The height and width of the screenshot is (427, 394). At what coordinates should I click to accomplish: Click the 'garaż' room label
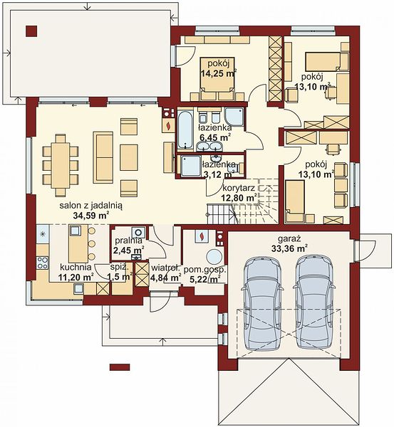(289, 239)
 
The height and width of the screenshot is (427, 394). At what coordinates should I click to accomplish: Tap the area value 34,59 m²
(91, 216)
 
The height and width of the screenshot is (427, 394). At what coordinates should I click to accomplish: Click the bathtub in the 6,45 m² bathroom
(186, 129)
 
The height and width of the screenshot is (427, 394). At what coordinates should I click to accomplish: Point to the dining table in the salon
(61, 165)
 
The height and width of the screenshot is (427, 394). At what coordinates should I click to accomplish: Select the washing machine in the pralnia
(139, 233)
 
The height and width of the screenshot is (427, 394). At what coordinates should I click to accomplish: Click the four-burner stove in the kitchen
(43, 263)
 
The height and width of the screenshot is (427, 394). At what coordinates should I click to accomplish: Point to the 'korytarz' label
(239, 188)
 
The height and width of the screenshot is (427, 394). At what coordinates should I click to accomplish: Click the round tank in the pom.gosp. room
(214, 256)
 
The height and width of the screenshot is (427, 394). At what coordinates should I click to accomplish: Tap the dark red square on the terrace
(32, 31)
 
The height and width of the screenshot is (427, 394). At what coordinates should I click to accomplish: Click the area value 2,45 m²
(129, 250)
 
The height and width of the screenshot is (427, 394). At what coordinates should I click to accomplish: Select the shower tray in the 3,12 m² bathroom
(191, 166)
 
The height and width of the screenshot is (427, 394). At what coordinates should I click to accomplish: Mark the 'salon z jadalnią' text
(91, 206)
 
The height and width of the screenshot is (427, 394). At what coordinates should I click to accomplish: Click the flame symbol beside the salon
(169, 125)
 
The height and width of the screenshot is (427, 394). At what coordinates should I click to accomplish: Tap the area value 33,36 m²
(290, 248)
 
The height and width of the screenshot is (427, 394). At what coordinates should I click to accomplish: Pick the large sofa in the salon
(103, 157)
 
